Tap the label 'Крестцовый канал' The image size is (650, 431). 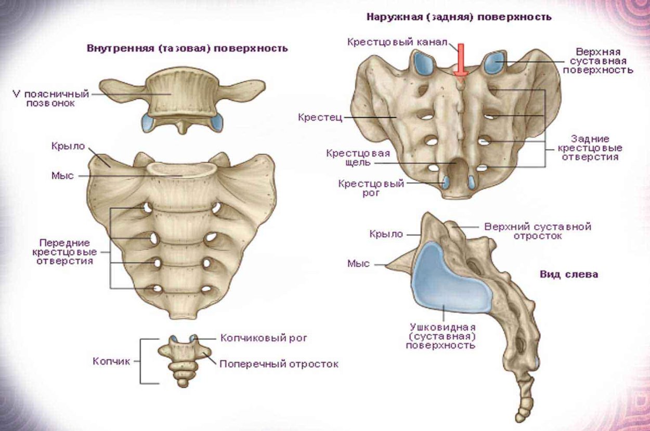[x=397, y=42]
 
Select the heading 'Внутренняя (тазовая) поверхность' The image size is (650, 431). [x=187, y=48]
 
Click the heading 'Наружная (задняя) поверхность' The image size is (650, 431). [x=459, y=17]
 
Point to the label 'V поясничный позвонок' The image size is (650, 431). [x=51, y=99]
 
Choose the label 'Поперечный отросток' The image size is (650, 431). [x=279, y=364]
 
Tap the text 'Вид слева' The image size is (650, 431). [x=568, y=274]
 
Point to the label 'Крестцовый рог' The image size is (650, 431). [x=371, y=188]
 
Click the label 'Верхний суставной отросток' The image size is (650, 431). [x=538, y=231]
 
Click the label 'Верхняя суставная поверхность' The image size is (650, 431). [x=604, y=61]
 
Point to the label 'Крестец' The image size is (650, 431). [x=320, y=117]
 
